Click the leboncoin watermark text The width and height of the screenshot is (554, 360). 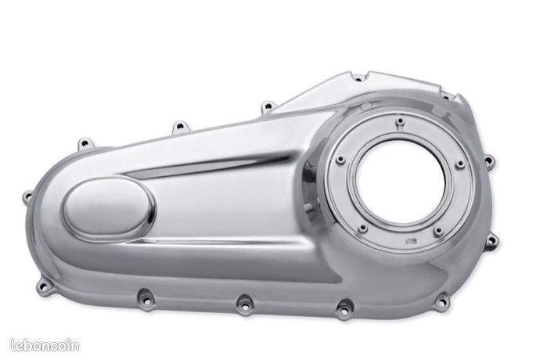[45, 345]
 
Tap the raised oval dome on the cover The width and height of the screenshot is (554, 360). [109, 210]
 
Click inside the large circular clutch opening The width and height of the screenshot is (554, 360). [401, 182]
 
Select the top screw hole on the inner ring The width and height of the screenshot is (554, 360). [400, 121]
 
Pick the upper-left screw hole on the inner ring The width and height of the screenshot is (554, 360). [340, 160]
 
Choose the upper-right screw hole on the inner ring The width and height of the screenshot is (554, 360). [459, 164]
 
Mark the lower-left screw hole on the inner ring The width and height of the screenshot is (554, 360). [362, 229]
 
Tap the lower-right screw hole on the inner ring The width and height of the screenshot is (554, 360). [438, 232]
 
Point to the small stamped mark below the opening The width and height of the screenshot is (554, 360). [412, 241]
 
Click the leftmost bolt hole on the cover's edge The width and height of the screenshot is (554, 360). [27, 196]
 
